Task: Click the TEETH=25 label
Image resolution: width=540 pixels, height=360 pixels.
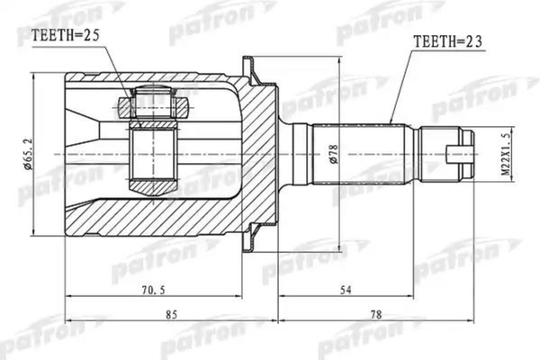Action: (65, 35)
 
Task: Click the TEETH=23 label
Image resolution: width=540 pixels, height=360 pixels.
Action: (447, 41)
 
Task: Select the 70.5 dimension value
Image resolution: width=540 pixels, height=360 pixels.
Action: (154, 290)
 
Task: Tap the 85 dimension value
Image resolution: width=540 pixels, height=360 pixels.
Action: (172, 314)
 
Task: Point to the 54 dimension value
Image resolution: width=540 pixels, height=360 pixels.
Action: (346, 290)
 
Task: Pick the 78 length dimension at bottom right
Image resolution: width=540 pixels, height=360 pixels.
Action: (376, 314)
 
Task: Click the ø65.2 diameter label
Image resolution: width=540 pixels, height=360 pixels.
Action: (28, 154)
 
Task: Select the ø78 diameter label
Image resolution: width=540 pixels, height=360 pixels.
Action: (333, 154)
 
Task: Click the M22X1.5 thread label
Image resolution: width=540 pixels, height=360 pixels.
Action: (505, 154)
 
